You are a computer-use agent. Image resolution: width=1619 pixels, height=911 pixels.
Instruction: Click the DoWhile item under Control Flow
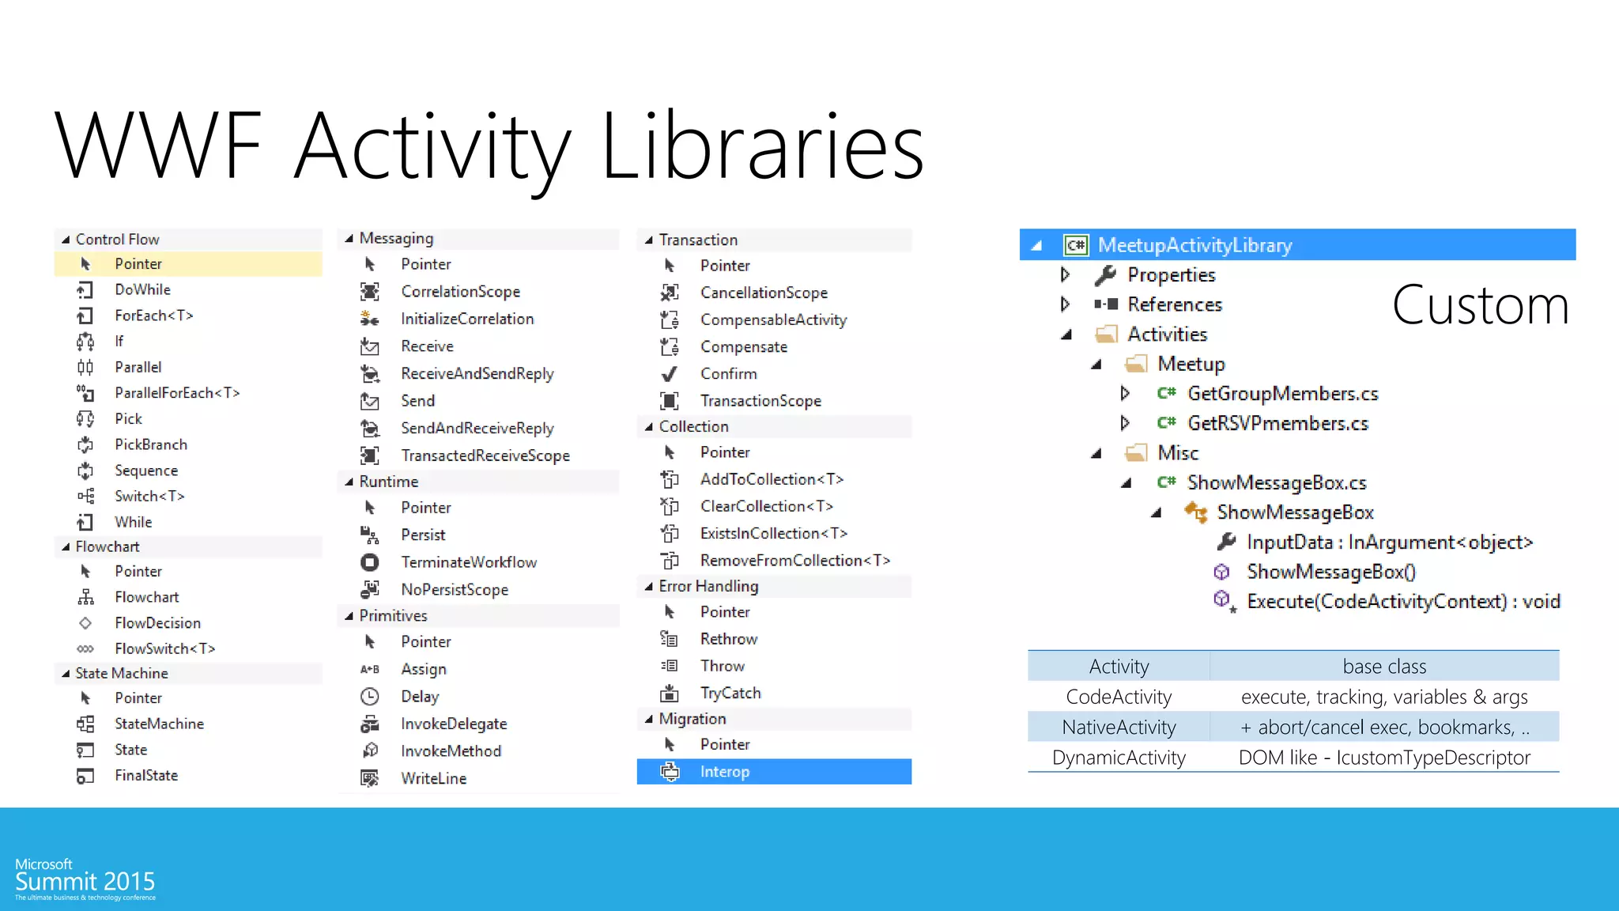142,289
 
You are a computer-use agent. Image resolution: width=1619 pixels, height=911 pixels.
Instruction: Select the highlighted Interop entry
724,772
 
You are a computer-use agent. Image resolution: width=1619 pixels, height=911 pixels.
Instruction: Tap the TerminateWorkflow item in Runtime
468,562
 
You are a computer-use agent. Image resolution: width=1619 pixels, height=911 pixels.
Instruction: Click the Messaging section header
396,239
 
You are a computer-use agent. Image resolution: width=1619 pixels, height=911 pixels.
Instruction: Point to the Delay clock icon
369,697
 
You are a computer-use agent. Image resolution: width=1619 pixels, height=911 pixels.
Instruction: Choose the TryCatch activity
730,694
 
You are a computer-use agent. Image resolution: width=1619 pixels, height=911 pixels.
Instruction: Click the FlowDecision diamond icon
85,623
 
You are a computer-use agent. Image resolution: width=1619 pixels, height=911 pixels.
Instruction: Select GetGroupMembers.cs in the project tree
1282,394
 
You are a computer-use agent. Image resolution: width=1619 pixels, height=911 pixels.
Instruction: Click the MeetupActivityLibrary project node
1194,245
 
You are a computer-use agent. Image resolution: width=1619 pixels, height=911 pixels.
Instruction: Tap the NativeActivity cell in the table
1119,727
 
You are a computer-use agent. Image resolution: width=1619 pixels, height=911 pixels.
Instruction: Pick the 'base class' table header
1384,667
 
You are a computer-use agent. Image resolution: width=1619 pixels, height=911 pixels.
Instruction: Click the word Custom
1480,305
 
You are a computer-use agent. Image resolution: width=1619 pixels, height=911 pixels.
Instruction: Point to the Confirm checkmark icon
669,374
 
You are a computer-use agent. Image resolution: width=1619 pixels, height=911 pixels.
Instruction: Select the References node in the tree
1175,304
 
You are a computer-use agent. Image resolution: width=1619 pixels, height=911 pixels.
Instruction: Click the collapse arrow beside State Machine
66,674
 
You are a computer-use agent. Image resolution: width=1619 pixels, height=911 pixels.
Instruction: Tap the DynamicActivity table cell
1119,758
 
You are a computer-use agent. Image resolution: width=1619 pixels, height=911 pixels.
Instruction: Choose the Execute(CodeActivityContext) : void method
1403,602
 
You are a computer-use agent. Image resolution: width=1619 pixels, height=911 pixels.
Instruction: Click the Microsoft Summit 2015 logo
85,878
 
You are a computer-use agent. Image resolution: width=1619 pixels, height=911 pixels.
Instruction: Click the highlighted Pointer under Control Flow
138,264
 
